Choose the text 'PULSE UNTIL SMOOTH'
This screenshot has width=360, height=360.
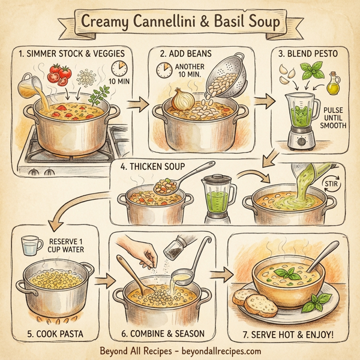click(x=334, y=118)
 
